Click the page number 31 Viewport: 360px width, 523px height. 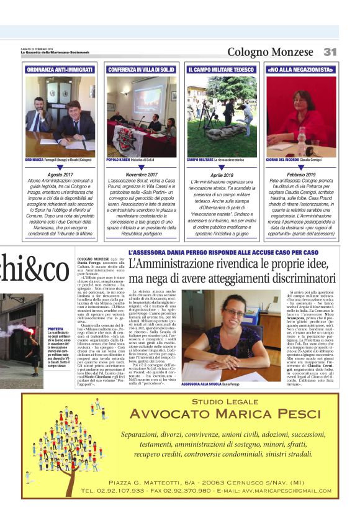pos(330,52)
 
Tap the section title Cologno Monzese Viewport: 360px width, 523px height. pos(271,52)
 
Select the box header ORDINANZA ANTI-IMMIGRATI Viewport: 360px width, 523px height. pos(61,70)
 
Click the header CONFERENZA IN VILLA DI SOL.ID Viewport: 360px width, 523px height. pos(142,70)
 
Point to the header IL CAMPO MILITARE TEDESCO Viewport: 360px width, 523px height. pos(222,70)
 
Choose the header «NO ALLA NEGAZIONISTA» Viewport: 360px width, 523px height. pos(301,70)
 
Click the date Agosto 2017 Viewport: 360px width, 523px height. pos(61,176)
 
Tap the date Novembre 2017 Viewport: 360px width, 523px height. pos(142,176)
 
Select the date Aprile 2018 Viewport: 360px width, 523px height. pos(222,176)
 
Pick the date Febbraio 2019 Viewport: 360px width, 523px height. pos(301,176)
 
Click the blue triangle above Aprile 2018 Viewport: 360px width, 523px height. pos(222,168)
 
